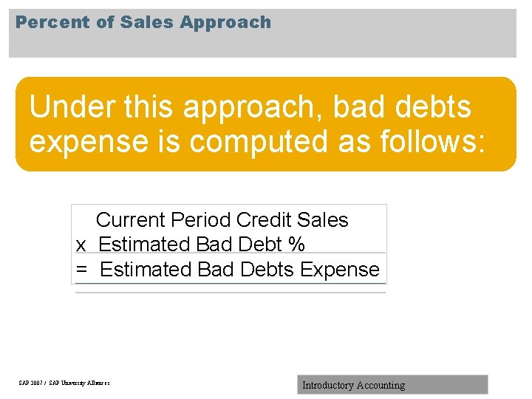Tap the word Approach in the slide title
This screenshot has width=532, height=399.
click(x=225, y=23)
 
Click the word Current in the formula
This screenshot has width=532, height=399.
click(x=131, y=220)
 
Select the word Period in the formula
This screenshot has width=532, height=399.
click(x=201, y=220)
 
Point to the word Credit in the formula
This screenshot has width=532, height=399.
click(x=264, y=220)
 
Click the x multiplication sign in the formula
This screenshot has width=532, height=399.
click(x=81, y=245)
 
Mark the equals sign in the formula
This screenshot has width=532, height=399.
click(x=81, y=270)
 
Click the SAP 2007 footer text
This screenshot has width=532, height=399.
click(x=64, y=383)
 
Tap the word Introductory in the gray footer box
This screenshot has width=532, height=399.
click(x=327, y=385)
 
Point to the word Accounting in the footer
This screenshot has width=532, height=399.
click(x=381, y=385)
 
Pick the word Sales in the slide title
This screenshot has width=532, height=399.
click(x=145, y=22)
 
